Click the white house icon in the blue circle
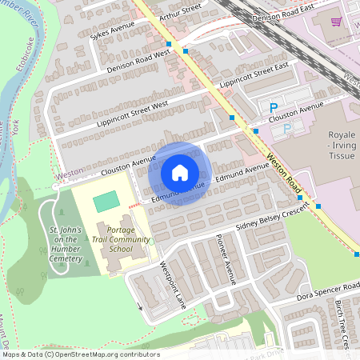(180, 172)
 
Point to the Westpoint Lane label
(171, 283)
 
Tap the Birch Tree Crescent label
(342, 325)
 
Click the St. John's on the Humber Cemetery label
(64, 243)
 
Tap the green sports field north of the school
(105, 203)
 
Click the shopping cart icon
(336, 22)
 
